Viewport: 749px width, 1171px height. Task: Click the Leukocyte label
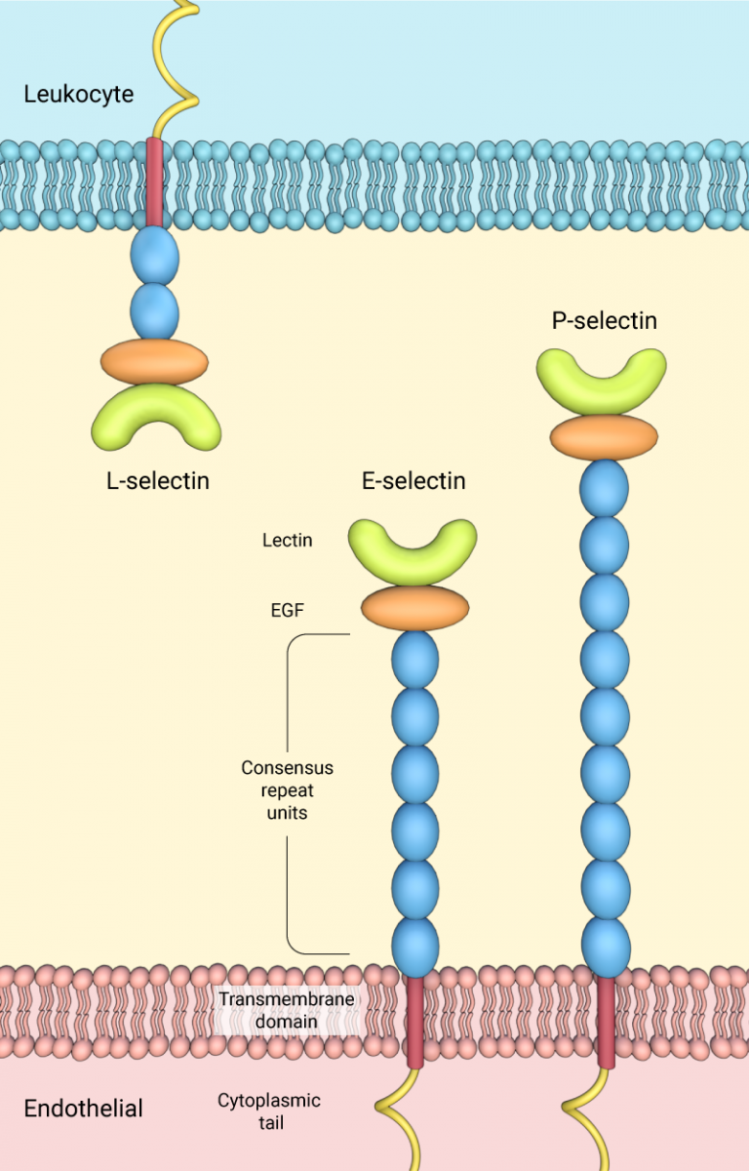[79, 95]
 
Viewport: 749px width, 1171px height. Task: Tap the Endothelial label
[83, 1109]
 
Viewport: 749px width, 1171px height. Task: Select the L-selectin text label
[158, 480]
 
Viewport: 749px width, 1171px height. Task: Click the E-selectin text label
[414, 481]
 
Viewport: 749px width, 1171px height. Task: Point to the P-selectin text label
[605, 320]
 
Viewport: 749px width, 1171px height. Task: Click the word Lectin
[288, 540]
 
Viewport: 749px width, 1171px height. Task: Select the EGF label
[288, 611]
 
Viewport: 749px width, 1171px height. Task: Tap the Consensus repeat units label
[288, 789]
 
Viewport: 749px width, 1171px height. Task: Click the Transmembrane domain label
[286, 1010]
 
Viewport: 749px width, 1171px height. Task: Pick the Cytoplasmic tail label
[268, 1110]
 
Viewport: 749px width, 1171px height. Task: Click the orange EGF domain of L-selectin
[155, 362]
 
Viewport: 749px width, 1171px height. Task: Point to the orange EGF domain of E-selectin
[415, 608]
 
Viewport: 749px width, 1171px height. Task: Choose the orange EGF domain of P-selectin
[604, 437]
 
